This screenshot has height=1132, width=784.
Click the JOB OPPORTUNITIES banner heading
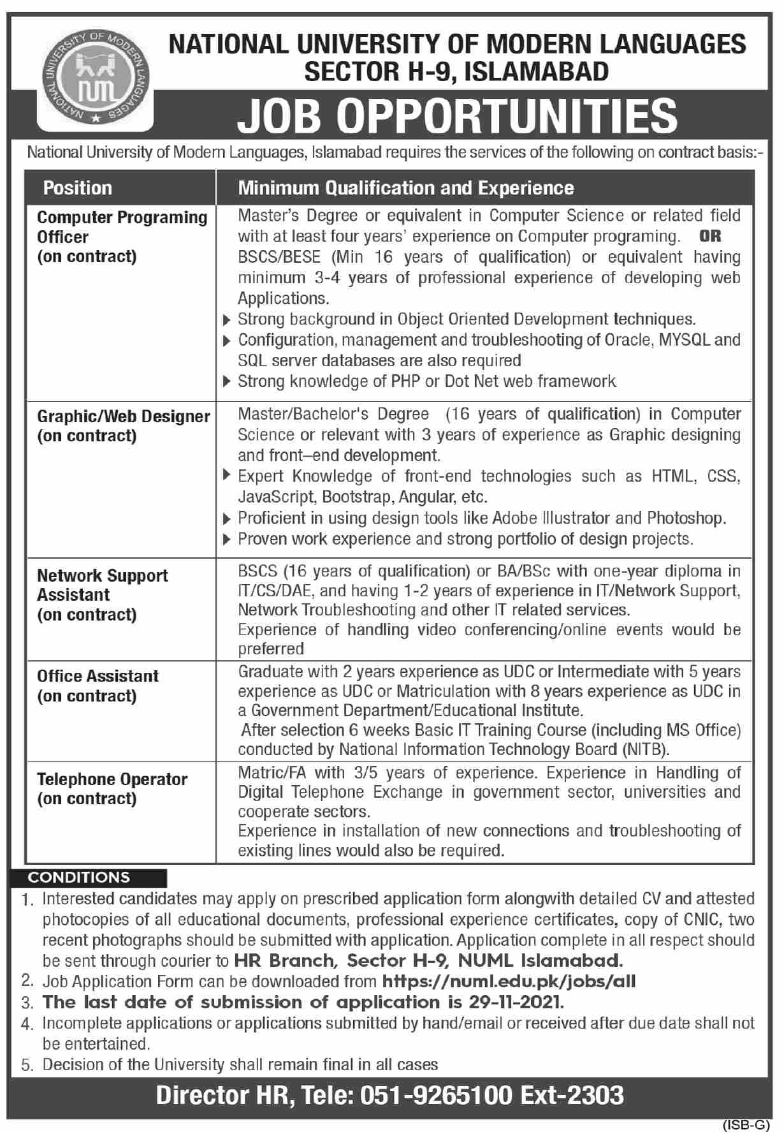click(458, 115)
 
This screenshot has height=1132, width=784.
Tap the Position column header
click(77, 188)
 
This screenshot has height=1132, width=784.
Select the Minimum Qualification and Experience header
click(405, 188)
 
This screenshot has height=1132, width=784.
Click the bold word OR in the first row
click(710, 237)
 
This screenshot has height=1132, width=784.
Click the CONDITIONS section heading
click(79, 878)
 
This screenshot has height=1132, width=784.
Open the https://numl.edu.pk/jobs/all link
click(509, 981)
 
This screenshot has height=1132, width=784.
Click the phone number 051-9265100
click(437, 1095)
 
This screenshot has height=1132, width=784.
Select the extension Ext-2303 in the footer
click(572, 1095)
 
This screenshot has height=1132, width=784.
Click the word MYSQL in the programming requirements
click(683, 340)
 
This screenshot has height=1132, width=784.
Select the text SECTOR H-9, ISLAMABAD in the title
click(456, 72)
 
